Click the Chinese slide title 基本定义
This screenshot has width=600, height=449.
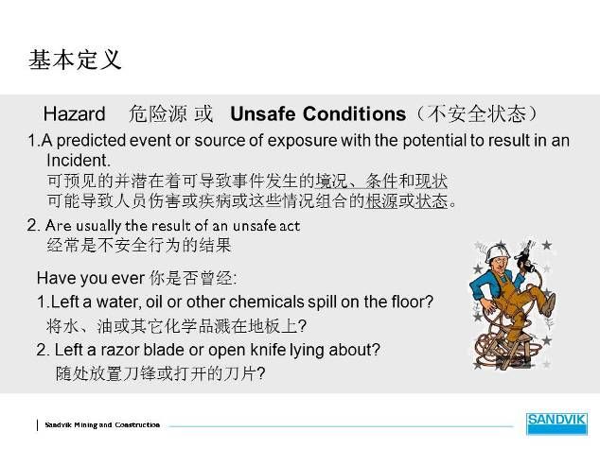tap(75, 60)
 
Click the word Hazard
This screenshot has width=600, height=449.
tap(74, 113)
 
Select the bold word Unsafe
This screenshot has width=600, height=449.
tap(262, 113)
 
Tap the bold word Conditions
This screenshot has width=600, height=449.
tap(354, 113)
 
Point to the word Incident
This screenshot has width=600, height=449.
tap(79, 161)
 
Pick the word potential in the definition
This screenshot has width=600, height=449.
tap(434, 140)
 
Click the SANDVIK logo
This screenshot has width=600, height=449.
tap(556, 423)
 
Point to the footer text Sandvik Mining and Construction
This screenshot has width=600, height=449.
tap(102, 425)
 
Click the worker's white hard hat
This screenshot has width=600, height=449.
tap(496, 253)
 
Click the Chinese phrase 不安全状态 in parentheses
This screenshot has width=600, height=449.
tap(477, 113)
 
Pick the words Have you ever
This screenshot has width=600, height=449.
tap(91, 278)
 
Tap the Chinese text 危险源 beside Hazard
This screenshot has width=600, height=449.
tap(158, 113)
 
